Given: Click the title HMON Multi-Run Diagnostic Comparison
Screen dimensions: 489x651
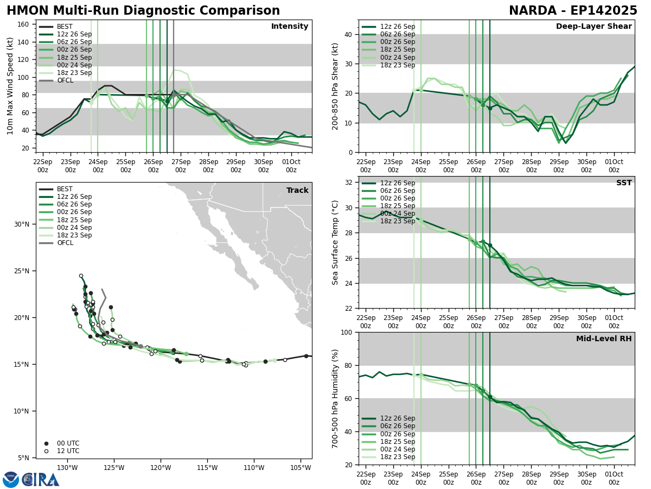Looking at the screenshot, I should (143, 11).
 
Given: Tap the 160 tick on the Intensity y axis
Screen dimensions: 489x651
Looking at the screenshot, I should (25, 24).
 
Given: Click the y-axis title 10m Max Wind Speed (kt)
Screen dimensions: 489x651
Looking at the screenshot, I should (10, 86).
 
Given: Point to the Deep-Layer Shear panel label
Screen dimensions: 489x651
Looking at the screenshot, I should (593, 27).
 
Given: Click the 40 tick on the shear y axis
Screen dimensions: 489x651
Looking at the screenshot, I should (348, 35).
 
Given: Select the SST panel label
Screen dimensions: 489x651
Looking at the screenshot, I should (624, 183).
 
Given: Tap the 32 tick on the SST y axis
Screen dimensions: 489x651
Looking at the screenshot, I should (348, 183).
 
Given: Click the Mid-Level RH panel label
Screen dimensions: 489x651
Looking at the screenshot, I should (604, 339).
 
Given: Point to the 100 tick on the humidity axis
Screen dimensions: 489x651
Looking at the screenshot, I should (346, 333).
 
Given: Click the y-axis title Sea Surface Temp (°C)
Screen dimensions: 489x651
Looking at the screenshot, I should (335, 242).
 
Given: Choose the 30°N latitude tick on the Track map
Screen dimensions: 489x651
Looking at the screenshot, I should (22, 224).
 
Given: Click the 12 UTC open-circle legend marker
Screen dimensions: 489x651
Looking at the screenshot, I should (46, 451).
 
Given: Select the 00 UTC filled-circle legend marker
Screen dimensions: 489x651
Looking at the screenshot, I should (46, 443).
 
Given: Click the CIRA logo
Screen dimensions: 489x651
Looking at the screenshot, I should (31, 480).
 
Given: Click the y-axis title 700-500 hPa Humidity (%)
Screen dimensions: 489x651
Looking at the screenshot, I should (335, 399).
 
